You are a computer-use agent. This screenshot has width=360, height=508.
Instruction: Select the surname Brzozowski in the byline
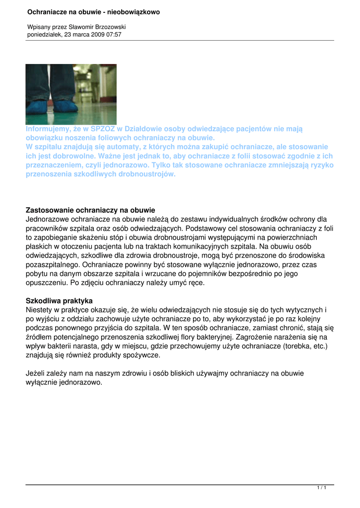click(x=106, y=26)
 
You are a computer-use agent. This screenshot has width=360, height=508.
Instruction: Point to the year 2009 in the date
click(x=97, y=35)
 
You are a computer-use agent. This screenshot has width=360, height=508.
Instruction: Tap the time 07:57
click(x=114, y=35)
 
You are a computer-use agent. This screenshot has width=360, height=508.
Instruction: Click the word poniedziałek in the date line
click(x=44, y=35)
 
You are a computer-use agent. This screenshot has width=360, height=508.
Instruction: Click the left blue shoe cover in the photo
click(x=39, y=106)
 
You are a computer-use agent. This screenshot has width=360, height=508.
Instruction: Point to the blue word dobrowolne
click(x=74, y=156)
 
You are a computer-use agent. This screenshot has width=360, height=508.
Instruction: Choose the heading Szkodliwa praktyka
click(x=59, y=301)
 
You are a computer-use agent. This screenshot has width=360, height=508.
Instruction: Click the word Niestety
click(x=40, y=310)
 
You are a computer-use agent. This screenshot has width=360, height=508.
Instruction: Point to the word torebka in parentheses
click(x=296, y=346)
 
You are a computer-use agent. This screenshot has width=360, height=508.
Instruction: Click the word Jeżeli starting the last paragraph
click(x=36, y=374)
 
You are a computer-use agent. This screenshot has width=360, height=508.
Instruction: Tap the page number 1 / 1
click(x=322, y=489)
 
